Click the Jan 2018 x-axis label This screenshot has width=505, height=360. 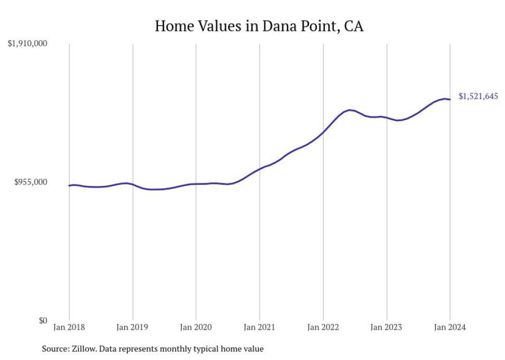69,328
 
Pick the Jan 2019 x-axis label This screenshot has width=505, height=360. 132,328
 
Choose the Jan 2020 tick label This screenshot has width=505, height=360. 196,328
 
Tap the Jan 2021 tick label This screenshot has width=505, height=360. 259,328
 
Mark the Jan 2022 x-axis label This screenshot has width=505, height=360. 323,328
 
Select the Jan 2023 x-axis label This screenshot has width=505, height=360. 386,328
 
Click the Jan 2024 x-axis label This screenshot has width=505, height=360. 450,328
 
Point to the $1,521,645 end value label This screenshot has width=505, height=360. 478,96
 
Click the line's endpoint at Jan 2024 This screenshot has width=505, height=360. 450,99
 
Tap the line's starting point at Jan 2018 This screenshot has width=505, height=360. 69,185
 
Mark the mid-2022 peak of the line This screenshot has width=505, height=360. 349,110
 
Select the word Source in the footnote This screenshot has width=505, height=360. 54,349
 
